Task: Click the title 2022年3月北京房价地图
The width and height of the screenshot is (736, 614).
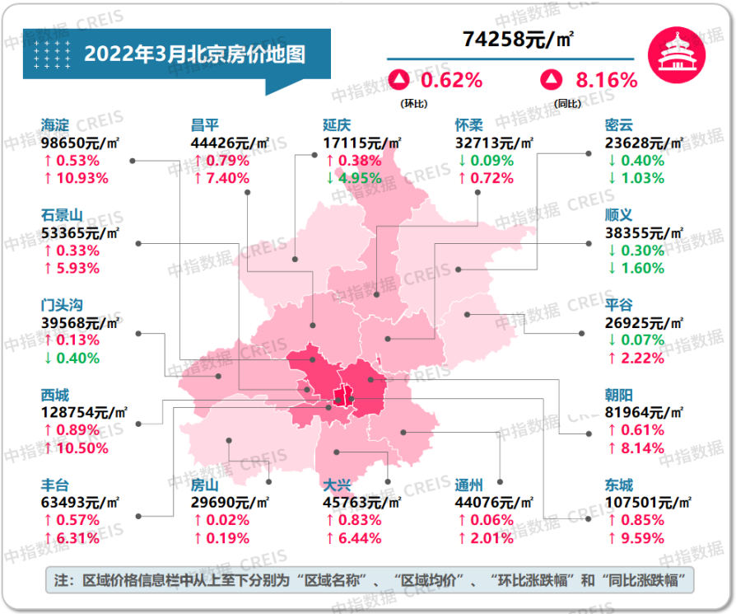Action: coord(194,54)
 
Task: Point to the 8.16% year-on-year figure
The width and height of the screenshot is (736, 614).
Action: coord(606,80)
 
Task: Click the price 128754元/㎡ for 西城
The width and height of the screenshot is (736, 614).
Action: coord(82,412)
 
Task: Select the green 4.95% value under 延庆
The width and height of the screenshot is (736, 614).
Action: coord(352,178)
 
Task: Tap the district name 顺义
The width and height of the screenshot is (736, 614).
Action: coord(619,214)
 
